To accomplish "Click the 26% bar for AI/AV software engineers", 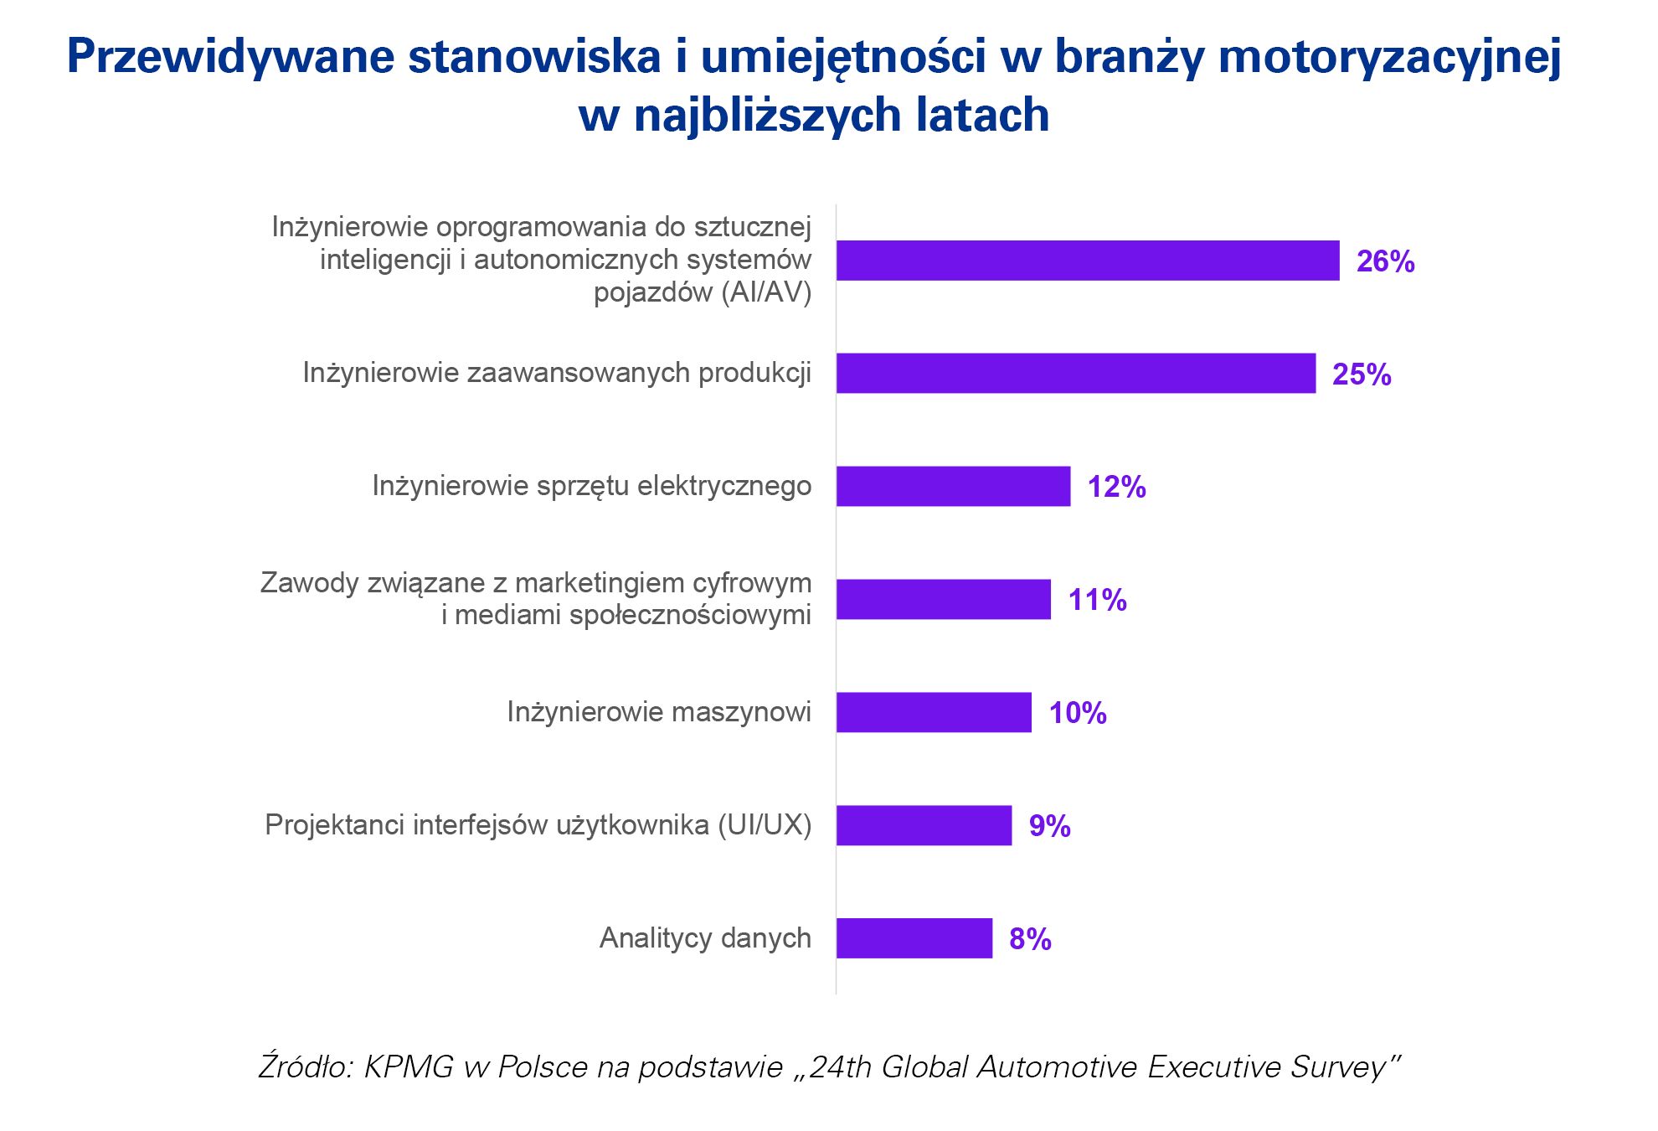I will pyautogui.click(x=1087, y=261).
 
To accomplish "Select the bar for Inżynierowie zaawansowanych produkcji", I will pyautogui.click(x=1075, y=373).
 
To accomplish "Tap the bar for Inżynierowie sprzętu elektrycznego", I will pyautogui.click(x=953, y=486).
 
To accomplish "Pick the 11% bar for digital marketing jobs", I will pyautogui.click(x=943, y=599).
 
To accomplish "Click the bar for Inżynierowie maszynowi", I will pyautogui.click(x=934, y=712).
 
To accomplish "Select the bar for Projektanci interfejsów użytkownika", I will pyautogui.click(x=924, y=825).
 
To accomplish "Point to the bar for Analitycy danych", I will pyautogui.click(x=914, y=938).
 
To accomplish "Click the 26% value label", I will pyautogui.click(x=1385, y=261).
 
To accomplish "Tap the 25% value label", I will pyautogui.click(x=1362, y=374).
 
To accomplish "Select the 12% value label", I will pyautogui.click(x=1116, y=487).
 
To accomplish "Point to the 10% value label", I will pyautogui.click(x=1078, y=713).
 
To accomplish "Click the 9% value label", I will pyautogui.click(x=1049, y=826).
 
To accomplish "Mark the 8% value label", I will pyautogui.click(x=1030, y=939).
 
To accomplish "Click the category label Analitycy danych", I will pyautogui.click(x=705, y=937).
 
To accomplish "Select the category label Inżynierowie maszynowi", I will pyautogui.click(x=659, y=711).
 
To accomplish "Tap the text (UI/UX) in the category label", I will pyautogui.click(x=765, y=824).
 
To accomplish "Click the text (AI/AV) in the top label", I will pyautogui.click(x=770, y=292).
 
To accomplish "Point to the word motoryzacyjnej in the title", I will pyautogui.click(x=1390, y=57).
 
